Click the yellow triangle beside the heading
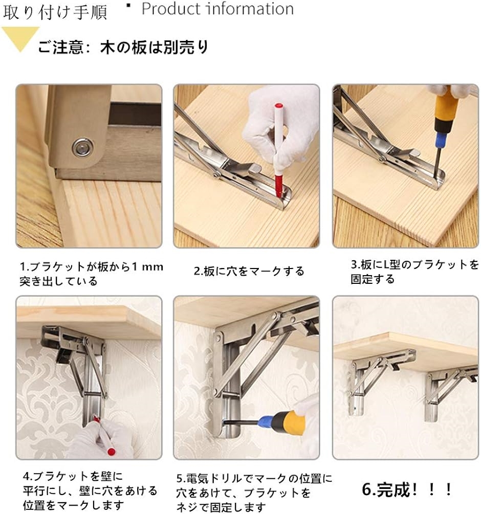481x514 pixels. pos(20,37)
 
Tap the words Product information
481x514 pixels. pos(217,9)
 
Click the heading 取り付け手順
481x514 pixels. pos(55,12)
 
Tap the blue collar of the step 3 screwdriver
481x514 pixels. pos(441,141)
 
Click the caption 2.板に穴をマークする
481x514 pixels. pos(249,272)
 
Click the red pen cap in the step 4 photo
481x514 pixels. pos(112,452)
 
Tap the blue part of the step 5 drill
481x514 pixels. pos(267,421)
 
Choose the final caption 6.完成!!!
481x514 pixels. pos(407,490)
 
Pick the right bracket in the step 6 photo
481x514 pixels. pos(449,392)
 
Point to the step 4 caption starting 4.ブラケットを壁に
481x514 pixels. pos(90,490)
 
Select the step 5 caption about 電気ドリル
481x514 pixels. pos(254,493)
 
